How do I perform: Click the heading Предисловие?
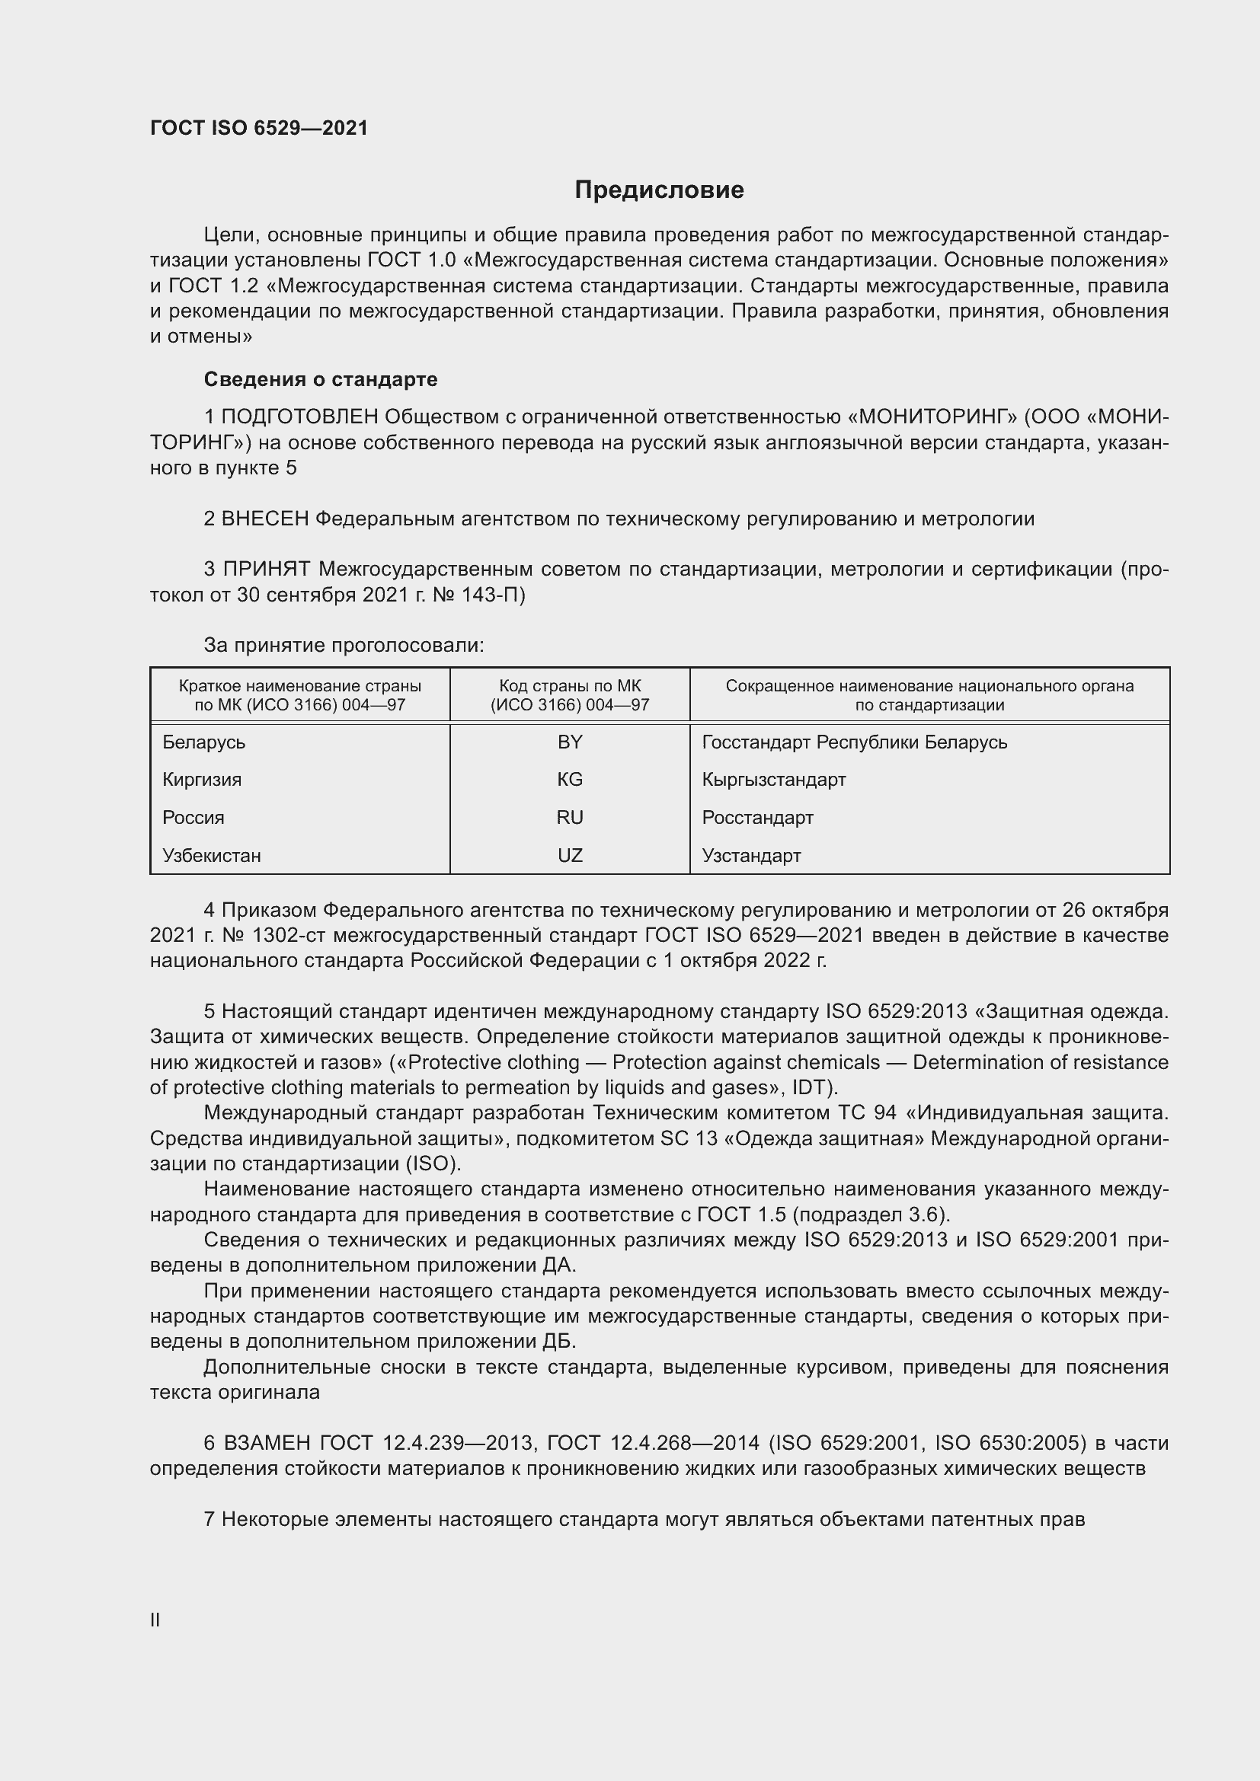[x=659, y=190]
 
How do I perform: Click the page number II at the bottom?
[x=155, y=1620]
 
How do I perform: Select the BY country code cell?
[x=570, y=742]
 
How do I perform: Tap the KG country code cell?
[x=570, y=780]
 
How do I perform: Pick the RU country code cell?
[x=570, y=818]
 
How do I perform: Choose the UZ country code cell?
[x=570, y=856]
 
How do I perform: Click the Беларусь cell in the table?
[x=204, y=742]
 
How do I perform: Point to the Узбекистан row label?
[x=212, y=856]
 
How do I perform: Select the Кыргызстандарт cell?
[x=773, y=780]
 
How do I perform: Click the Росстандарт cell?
[x=757, y=818]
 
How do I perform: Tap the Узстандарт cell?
[x=751, y=856]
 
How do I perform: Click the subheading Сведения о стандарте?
[x=321, y=379]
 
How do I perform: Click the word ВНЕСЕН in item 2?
[x=265, y=519]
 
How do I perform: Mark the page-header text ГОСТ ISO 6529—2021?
[x=259, y=128]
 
